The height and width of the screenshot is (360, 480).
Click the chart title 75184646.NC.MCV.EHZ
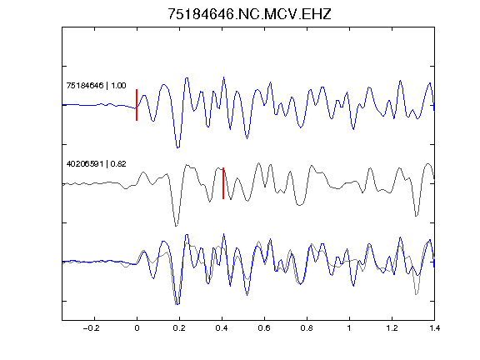(x=249, y=14)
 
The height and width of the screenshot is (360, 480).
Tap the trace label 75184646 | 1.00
(x=96, y=85)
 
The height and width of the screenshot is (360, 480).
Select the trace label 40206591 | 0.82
(x=96, y=164)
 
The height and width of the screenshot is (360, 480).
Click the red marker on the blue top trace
(x=137, y=105)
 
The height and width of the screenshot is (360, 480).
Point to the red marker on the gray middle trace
(x=223, y=183)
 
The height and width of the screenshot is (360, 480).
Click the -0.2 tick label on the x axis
(x=91, y=328)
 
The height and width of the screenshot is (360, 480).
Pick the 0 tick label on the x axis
(x=137, y=328)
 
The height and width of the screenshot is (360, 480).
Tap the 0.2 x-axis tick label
(x=179, y=328)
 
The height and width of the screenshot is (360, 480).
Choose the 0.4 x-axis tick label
(x=222, y=328)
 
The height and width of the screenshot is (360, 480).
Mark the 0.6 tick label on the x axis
(x=264, y=328)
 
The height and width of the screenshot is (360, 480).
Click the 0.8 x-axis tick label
(x=307, y=328)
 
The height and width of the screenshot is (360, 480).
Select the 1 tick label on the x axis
(x=349, y=328)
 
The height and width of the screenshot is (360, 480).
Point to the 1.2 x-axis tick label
(x=392, y=328)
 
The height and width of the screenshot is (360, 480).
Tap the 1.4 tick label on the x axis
(x=434, y=328)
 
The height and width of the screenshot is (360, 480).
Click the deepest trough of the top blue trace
(x=177, y=147)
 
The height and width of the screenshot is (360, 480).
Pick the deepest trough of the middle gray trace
(x=176, y=226)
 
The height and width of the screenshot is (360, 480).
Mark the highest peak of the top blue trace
(x=224, y=77)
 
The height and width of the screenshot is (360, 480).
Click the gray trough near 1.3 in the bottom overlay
(x=416, y=294)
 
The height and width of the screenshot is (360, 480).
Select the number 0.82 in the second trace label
(x=118, y=164)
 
